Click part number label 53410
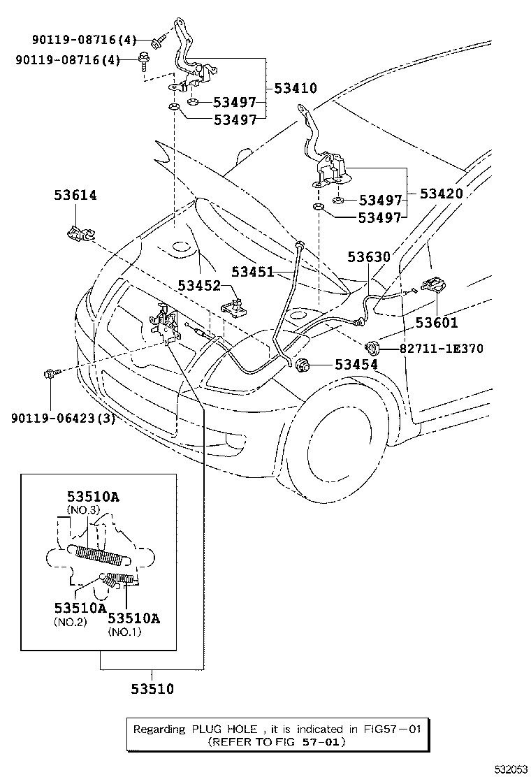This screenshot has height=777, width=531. click(296, 89)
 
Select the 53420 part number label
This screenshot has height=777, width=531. click(441, 194)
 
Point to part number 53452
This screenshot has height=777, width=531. click(199, 285)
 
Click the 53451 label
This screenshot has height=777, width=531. click(253, 272)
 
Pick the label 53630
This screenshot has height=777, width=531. click(369, 257)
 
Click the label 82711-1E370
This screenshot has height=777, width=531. click(441, 347)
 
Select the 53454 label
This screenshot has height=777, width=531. click(356, 364)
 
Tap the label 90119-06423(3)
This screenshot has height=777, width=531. click(63, 419)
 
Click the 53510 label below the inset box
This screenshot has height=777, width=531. click(152, 689)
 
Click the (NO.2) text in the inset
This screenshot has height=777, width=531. click(70, 622)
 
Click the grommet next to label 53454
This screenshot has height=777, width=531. click(305, 364)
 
